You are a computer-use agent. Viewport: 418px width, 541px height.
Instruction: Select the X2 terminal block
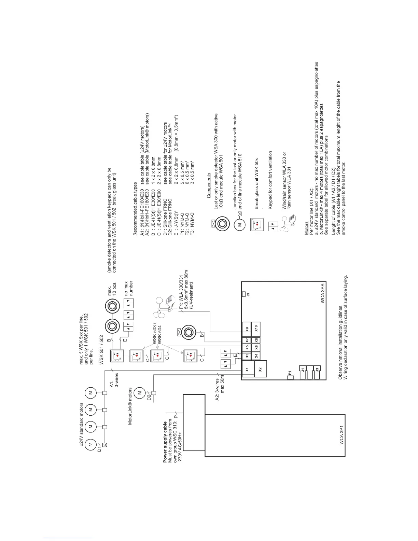pyautogui.click(x=261, y=369)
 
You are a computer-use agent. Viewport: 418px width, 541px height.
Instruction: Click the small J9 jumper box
pyautogui.click(x=243, y=294)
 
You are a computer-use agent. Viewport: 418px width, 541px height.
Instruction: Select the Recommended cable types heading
pyautogui.click(x=135, y=209)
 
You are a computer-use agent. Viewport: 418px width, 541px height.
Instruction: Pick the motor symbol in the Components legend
pyautogui.click(x=239, y=224)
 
